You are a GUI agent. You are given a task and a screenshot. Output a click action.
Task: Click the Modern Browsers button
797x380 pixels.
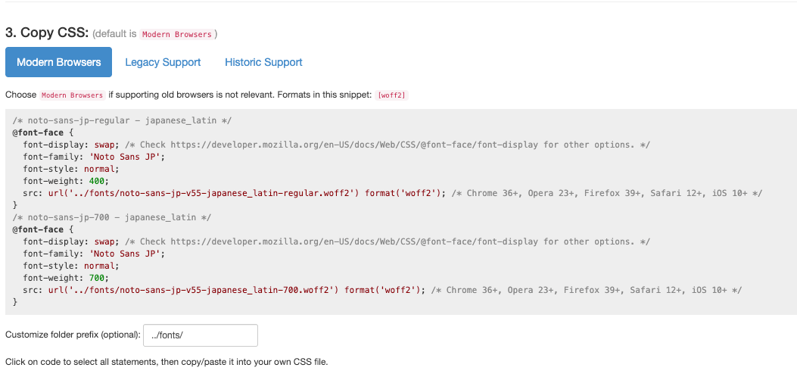tap(58, 62)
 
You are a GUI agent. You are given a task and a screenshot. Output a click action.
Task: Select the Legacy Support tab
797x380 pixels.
tap(163, 62)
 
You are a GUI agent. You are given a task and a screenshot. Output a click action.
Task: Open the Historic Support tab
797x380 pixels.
tap(263, 62)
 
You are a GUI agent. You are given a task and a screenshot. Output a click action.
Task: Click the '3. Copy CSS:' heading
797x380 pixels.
tap(47, 33)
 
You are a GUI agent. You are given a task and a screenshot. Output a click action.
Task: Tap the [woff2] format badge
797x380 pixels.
tap(391, 95)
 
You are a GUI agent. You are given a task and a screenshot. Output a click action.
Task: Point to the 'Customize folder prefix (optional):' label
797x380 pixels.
tap(73, 335)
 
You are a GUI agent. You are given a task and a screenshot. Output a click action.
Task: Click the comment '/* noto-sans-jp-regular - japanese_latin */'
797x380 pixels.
tap(122, 120)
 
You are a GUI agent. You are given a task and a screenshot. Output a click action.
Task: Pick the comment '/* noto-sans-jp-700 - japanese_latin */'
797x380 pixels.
tap(112, 217)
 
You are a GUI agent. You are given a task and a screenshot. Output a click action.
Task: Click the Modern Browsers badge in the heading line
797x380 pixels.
tap(178, 34)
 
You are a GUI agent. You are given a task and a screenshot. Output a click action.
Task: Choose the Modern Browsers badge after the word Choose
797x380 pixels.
tap(73, 95)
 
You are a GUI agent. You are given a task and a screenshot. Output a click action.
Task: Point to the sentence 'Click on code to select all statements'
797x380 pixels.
tap(167, 362)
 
